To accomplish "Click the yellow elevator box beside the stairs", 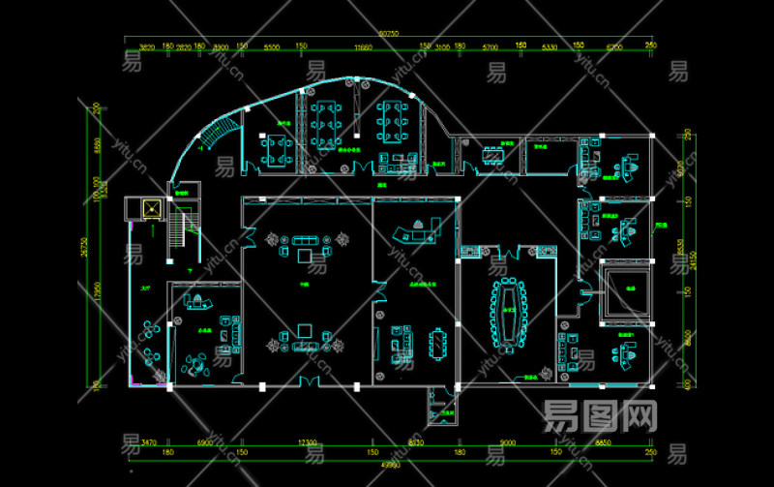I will [151, 207].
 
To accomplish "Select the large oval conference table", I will [506, 316].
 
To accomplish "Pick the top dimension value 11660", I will [363, 46].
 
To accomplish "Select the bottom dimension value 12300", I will [308, 441].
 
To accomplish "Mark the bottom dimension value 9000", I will [507, 441].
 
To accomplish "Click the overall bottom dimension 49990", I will [390, 465].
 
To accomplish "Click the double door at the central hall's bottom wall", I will [309, 383].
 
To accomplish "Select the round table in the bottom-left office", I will [196, 365].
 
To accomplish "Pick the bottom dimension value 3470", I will [148, 441].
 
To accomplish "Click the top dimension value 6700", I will [614, 46].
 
